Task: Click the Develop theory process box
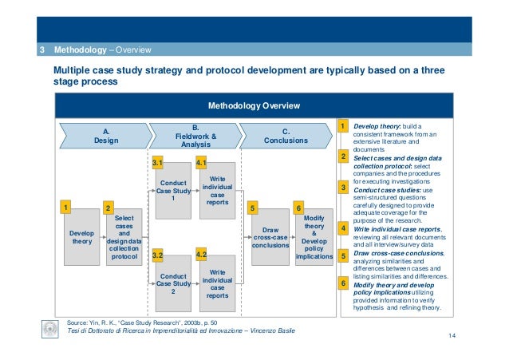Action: click(x=81, y=238)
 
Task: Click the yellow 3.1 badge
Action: click(x=158, y=163)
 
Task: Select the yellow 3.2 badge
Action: click(x=158, y=255)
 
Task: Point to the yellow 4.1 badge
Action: click(x=202, y=163)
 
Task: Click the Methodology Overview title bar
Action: click(x=254, y=105)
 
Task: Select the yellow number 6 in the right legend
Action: click(x=342, y=283)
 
